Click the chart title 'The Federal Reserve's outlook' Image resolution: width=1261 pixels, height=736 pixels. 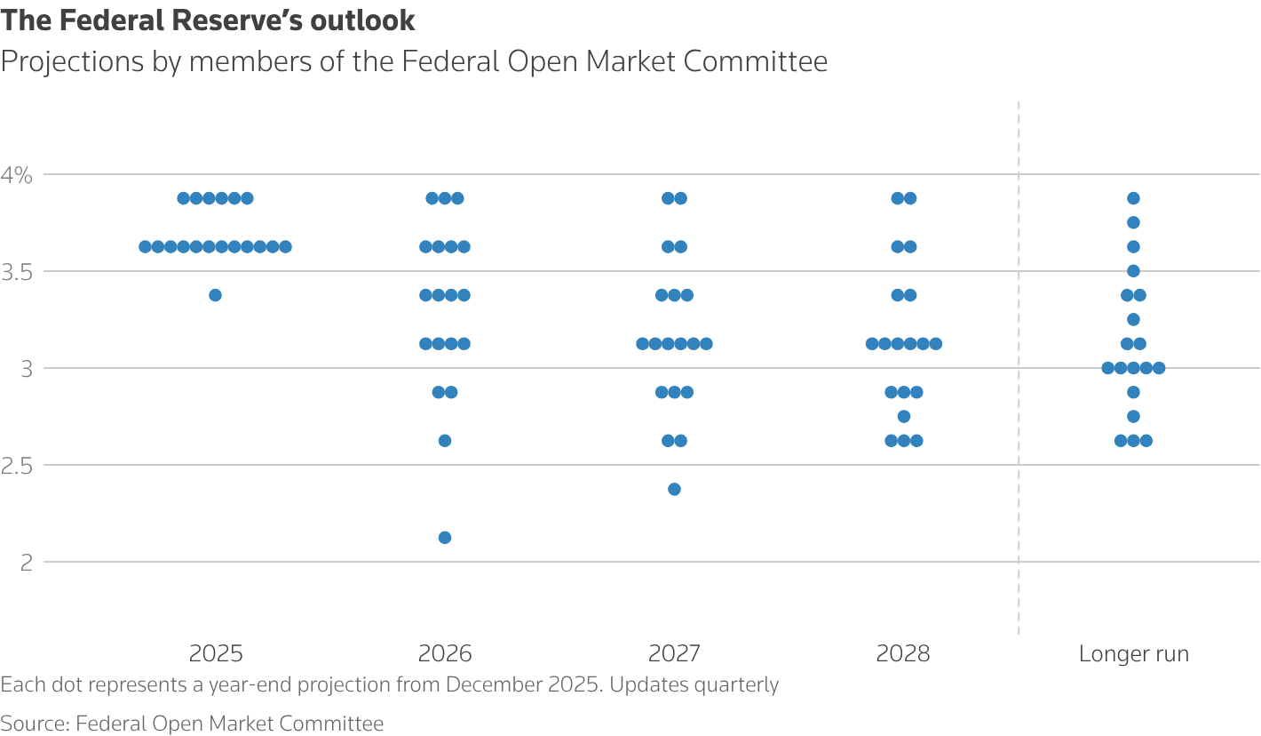[x=208, y=20]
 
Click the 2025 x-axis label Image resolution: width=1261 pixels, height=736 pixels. [x=216, y=654]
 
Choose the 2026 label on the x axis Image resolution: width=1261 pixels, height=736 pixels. [x=445, y=654]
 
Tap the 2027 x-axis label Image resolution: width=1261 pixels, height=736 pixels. [x=674, y=654]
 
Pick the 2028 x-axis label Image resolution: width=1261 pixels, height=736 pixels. [x=903, y=654]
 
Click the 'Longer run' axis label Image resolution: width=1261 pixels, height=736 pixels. [x=1133, y=654]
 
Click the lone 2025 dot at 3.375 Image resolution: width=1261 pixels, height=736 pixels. [x=215, y=295]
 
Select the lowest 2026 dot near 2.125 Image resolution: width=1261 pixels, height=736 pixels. [x=445, y=538]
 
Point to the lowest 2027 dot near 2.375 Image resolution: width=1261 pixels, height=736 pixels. [x=674, y=489]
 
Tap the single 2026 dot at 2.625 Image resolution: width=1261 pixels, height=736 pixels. [x=445, y=441]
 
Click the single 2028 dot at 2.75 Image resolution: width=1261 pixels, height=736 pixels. [x=904, y=416]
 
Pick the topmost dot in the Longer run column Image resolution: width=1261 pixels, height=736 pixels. [x=1133, y=198]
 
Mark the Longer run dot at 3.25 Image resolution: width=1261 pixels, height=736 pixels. [x=1133, y=319]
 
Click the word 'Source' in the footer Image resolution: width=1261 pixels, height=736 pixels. [x=33, y=724]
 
